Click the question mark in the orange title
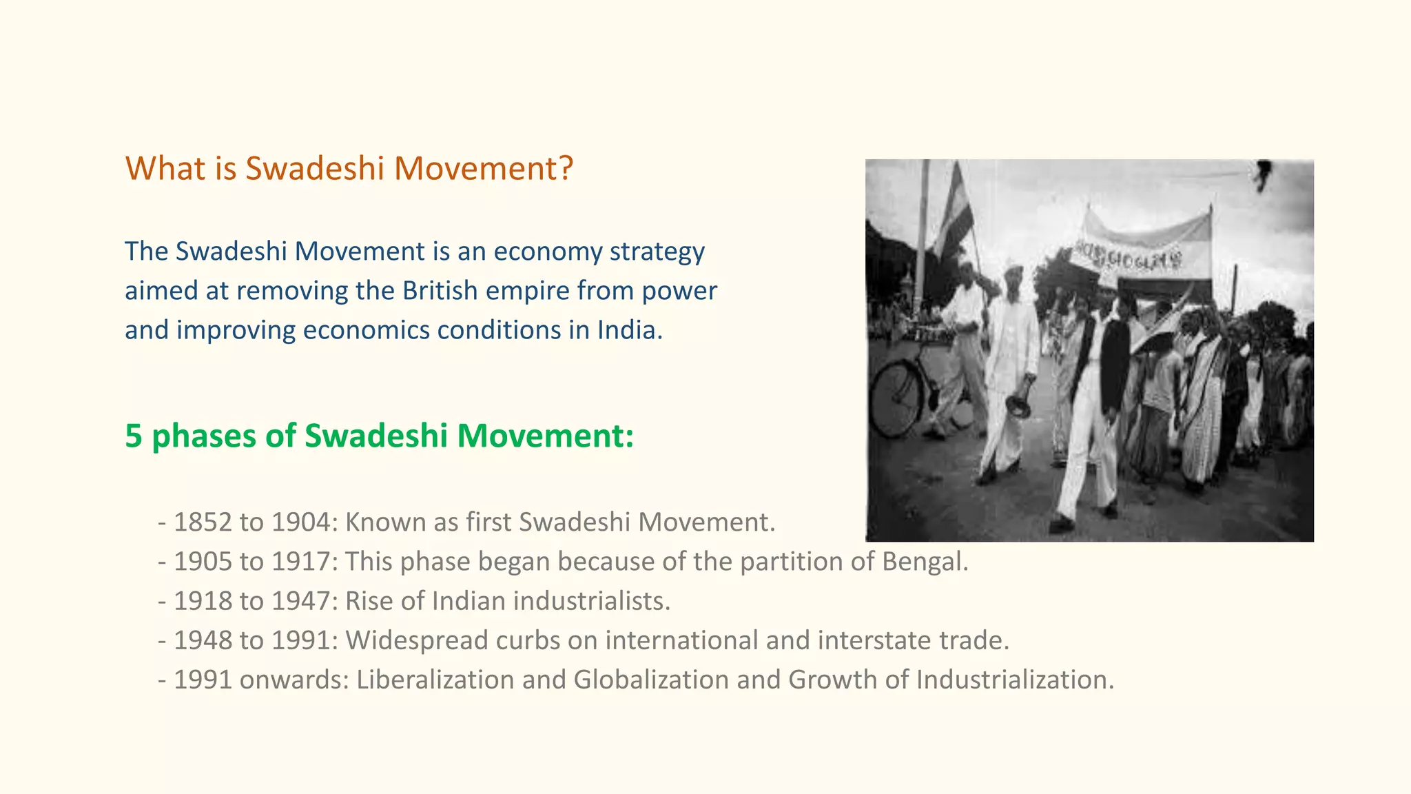coord(566,169)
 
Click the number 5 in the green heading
coord(134,436)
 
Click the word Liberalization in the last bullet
coord(435,680)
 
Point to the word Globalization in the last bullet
coord(651,680)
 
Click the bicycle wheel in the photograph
coord(896,400)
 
